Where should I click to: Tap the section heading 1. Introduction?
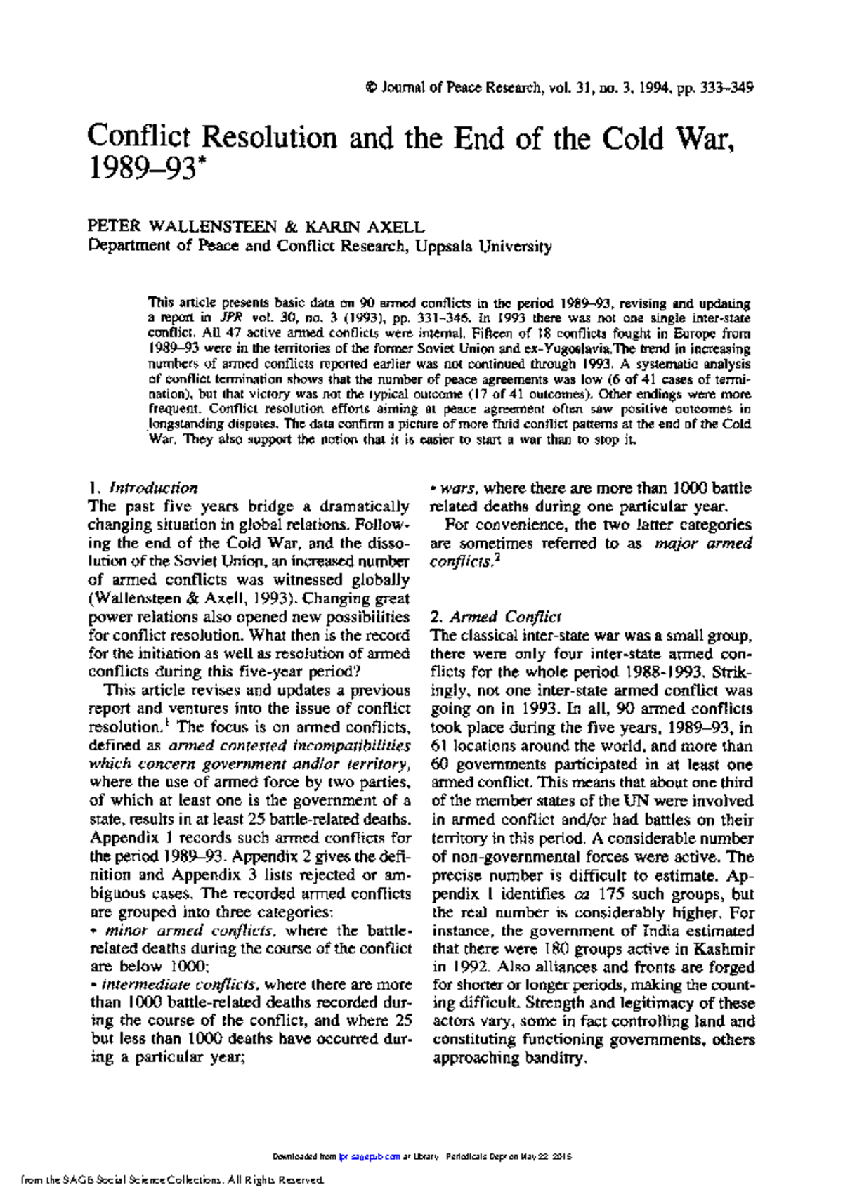coord(143,488)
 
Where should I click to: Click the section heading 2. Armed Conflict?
coord(495,617)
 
